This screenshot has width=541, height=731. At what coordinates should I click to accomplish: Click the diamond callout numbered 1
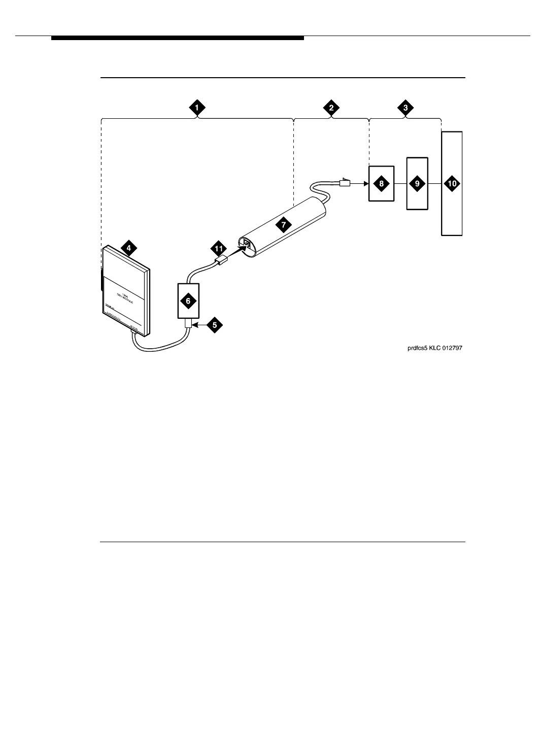[197, 108]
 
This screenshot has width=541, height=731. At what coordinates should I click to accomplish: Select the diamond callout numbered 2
[331, 108]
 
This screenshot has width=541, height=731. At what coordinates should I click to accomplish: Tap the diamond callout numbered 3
[405, 108]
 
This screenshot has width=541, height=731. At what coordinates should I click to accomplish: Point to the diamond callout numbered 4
[128, 248]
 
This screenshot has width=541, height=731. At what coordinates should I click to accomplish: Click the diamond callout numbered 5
[214, 325]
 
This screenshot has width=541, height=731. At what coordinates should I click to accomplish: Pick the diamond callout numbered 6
[188, 301]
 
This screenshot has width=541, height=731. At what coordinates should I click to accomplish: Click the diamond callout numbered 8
[381, 184]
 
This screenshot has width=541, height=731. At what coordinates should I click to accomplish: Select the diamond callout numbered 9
[417, 184]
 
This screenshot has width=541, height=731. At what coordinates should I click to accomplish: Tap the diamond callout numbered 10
[452, 184]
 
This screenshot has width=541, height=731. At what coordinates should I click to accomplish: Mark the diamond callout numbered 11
[219, 249]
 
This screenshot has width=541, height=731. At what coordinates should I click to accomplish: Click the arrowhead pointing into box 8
[365, 184]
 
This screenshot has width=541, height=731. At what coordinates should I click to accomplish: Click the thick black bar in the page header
[177, 38]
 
